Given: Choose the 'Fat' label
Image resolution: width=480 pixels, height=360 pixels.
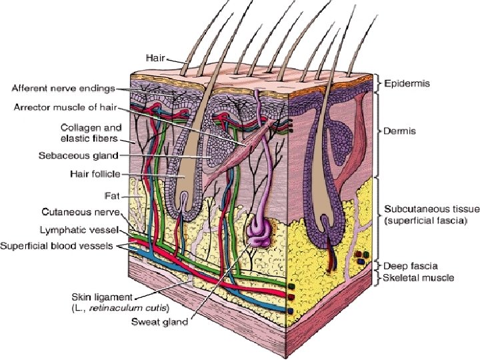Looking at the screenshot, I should [x=111, y=196].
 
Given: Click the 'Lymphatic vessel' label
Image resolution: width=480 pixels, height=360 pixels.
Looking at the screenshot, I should [x=84, y=229].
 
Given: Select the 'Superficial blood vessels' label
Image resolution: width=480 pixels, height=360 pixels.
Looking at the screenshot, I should [x=61, y=246].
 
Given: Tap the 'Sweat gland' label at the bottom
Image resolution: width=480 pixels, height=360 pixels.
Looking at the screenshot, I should [x=159, y=324].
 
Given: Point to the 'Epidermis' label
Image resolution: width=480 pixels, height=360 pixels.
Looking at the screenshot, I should [x=407, y=84].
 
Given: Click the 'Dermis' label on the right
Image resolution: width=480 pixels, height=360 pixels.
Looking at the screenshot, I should [x=400, y=131].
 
